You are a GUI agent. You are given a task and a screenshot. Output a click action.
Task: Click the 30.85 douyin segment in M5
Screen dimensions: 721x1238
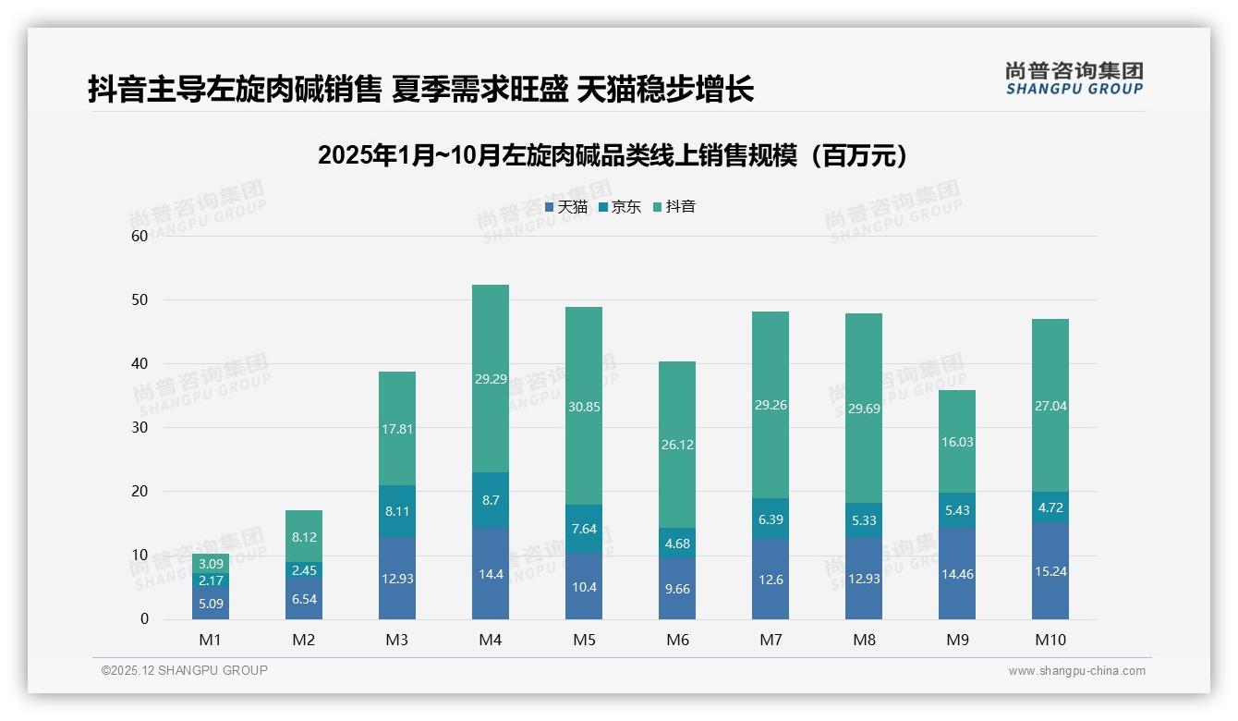click(583, 406)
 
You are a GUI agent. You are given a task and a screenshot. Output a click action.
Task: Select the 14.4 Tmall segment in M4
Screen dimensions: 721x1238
click(490, 573)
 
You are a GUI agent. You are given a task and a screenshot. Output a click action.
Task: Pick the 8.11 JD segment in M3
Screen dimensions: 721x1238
click(396, 511)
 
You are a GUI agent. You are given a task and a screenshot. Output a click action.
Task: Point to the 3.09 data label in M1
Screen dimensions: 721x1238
click(211, 563)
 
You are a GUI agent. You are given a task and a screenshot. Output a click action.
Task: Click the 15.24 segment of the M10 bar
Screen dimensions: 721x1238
click(1050, 571)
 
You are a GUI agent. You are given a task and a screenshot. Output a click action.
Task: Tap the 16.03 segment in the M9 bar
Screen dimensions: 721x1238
click(956, 442)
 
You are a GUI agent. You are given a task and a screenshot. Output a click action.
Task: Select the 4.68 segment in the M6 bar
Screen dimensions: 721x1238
click(676, 543)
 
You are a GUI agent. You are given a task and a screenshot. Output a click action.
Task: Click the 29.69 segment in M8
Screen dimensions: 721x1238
click(863, 408)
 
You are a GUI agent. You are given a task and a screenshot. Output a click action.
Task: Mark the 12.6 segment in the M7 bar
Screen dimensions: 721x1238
click(770, 579)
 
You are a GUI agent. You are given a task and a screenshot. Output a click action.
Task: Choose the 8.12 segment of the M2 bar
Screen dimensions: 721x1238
click(303, 536)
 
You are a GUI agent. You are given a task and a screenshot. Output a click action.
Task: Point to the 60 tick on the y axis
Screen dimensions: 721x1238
click(140, 236)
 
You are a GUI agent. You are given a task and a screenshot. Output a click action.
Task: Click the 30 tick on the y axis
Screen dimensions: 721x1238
click(140, 427)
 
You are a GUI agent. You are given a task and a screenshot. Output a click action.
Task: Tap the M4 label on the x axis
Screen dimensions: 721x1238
click(490, 640)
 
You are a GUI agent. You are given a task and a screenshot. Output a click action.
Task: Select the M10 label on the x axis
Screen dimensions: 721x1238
click(1050, 640)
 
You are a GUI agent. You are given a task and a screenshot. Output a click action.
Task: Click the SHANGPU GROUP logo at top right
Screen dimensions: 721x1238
click(1074, 79)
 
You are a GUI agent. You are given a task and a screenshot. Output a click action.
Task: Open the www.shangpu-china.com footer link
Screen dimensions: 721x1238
click(1076, 671)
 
